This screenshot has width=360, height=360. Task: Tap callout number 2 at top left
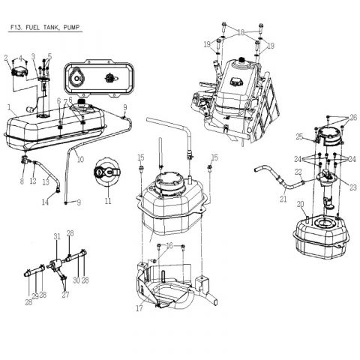coord(6,57)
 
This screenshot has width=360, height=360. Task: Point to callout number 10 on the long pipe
coord(80,158)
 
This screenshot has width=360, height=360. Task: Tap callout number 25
coord(298,136)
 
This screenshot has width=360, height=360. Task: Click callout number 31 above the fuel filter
coord(56,237)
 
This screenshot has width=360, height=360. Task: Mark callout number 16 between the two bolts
coord(169,245)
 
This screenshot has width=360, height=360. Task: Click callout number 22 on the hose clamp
coord(298,172)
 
